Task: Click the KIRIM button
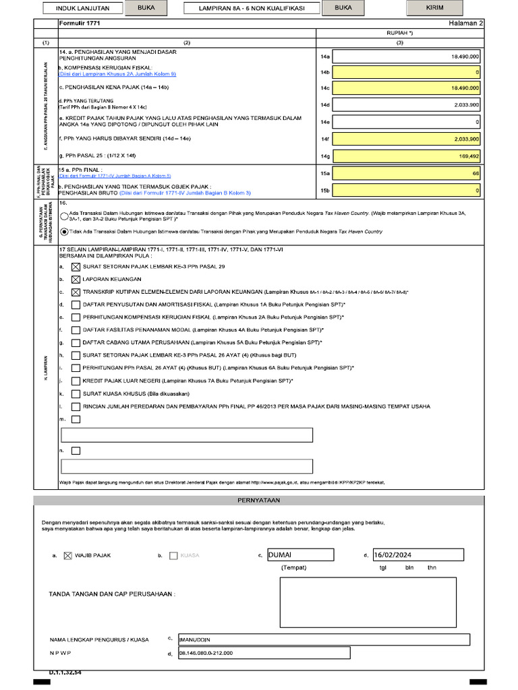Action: pyautogui.click(x=435, y=9)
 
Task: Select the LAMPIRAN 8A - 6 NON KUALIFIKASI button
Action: pyautogui.click(x=251, y=9)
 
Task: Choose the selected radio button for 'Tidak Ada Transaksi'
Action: pyautogui.click(x=64, y=231)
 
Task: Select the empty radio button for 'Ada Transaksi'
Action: pyautogui.click(x=64, y=215)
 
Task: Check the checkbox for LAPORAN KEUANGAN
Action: pyautogui.click(x=76, y=279)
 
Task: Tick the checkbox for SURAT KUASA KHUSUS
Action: pyautogui.click(x=76, y=394)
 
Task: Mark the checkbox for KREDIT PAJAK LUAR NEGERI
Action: pyautogui.click(x=76, y=381)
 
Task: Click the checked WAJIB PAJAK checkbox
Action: pyautogui.click(x=67, y=556)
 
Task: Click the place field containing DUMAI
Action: pyautogui.click(x=300, y=555)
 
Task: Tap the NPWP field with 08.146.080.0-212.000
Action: pyautogui.click(x=263, y=653)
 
